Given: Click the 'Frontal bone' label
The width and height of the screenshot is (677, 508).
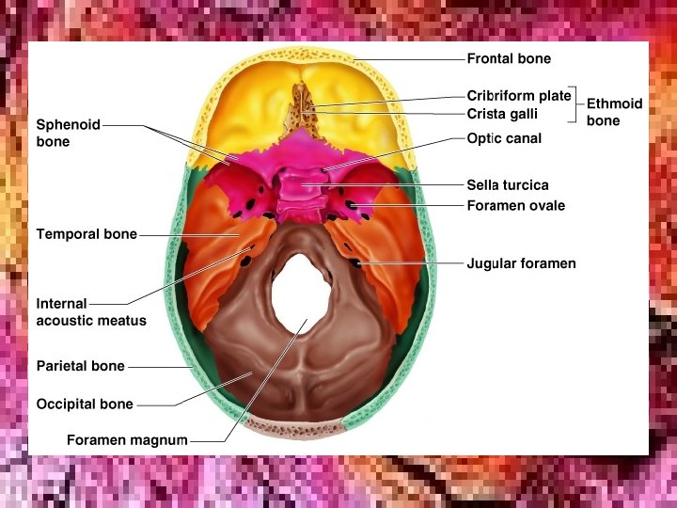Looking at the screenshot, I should (509, 59).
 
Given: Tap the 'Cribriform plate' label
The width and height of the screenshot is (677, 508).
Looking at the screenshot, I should (518, 96).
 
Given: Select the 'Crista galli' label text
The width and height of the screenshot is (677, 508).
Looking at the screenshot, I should (502, 115).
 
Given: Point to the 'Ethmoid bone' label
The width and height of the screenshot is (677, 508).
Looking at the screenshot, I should (614, 112).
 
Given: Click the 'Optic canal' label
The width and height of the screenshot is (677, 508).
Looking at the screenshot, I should (504, 138).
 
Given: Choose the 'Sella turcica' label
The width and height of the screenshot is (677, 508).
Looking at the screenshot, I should (507, 185).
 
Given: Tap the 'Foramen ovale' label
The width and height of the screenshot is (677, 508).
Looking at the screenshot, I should (515, 205).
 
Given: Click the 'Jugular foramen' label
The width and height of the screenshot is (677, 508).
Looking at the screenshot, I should (521, 264).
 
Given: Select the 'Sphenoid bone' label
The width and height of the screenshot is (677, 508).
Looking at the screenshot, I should (68, 133).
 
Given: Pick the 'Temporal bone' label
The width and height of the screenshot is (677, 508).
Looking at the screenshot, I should (87, 234).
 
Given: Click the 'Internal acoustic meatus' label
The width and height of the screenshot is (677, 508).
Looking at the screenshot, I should (90, 312).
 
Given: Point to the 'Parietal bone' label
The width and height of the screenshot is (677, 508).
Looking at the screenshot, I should (80, 366).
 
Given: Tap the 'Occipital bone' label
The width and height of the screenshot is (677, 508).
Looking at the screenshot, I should (85, 405).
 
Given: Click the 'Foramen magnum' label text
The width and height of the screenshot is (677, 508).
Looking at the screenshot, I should (127, 440).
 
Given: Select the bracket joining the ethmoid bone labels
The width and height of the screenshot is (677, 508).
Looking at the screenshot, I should (575, 104).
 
